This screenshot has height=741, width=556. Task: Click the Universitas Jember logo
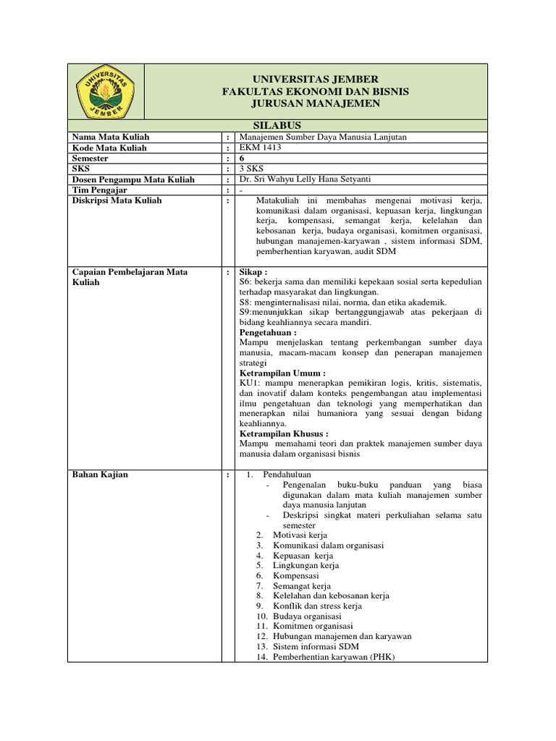pos(106,91)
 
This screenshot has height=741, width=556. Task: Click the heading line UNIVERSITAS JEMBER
pos(315,79)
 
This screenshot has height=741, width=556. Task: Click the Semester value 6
pos(241,158)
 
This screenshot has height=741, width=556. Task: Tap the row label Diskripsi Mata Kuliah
pos(117,200)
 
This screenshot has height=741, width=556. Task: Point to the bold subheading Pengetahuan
pos(268,332)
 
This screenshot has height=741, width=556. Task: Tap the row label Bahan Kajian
pos(99,474)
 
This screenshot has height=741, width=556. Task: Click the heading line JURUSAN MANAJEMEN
pos(315,105)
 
